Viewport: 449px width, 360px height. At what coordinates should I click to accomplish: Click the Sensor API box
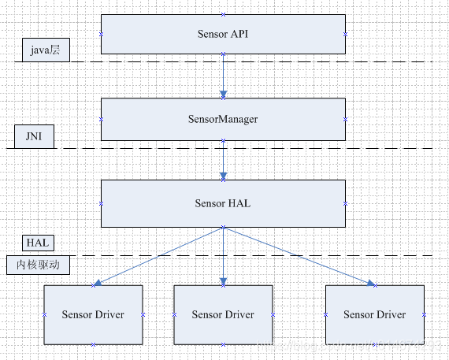pos(223,34)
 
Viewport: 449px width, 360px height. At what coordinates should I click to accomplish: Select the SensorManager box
pos(223,119)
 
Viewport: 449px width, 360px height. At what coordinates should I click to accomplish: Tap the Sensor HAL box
pos(223,203)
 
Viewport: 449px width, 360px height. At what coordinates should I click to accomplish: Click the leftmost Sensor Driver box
pos(93,314)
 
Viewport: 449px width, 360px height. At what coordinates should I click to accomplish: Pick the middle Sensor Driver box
pos(223,314)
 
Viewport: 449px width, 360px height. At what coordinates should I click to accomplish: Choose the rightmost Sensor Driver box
pos(374,314)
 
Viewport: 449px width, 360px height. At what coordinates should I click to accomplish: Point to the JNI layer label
pos(34,137)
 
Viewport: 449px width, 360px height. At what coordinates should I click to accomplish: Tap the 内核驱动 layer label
pos(38,265)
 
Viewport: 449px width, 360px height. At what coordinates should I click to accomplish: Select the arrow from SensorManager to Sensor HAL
pos(223,161)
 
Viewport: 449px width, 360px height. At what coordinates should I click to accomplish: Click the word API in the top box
pos(239,34)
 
